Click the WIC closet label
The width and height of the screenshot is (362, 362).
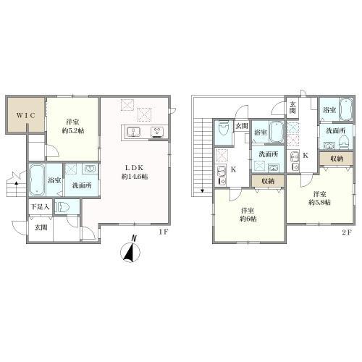pos(26,115)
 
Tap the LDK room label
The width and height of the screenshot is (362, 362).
pos(134,168)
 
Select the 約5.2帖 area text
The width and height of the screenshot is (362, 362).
pos(73,131)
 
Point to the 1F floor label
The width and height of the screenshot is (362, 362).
pos(163,232)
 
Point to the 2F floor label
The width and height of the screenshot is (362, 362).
pos(347,232)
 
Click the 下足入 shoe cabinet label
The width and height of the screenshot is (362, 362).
pos(41,207)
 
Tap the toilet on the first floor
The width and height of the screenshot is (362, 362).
pos(62,207)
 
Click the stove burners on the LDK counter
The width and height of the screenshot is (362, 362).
pos(156,132)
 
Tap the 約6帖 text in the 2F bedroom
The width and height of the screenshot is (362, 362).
pos(248,219)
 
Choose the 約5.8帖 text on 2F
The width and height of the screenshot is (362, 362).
pos(319,202)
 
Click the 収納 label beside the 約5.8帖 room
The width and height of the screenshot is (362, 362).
pos(337,159)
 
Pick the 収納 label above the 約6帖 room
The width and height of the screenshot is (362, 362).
pos(268,181)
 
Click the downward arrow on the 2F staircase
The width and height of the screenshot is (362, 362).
pos(202,191)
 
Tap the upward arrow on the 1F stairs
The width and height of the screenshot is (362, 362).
pos(16,183)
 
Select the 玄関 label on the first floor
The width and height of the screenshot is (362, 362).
pos(41,227)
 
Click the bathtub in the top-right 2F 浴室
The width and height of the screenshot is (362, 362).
pos(346,109)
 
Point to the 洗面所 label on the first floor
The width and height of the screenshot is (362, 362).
pos(82,185)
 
